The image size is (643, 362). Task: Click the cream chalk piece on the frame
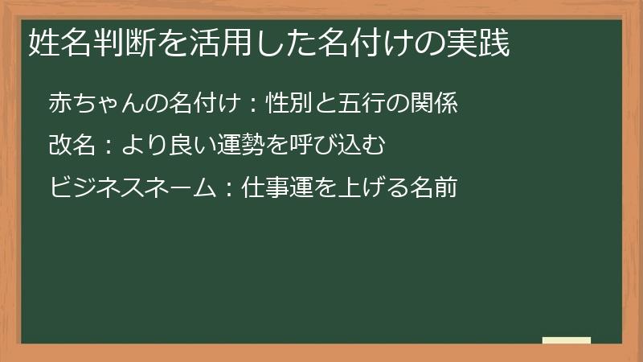click(567, 341)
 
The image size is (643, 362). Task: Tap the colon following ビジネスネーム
click(230, 189)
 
